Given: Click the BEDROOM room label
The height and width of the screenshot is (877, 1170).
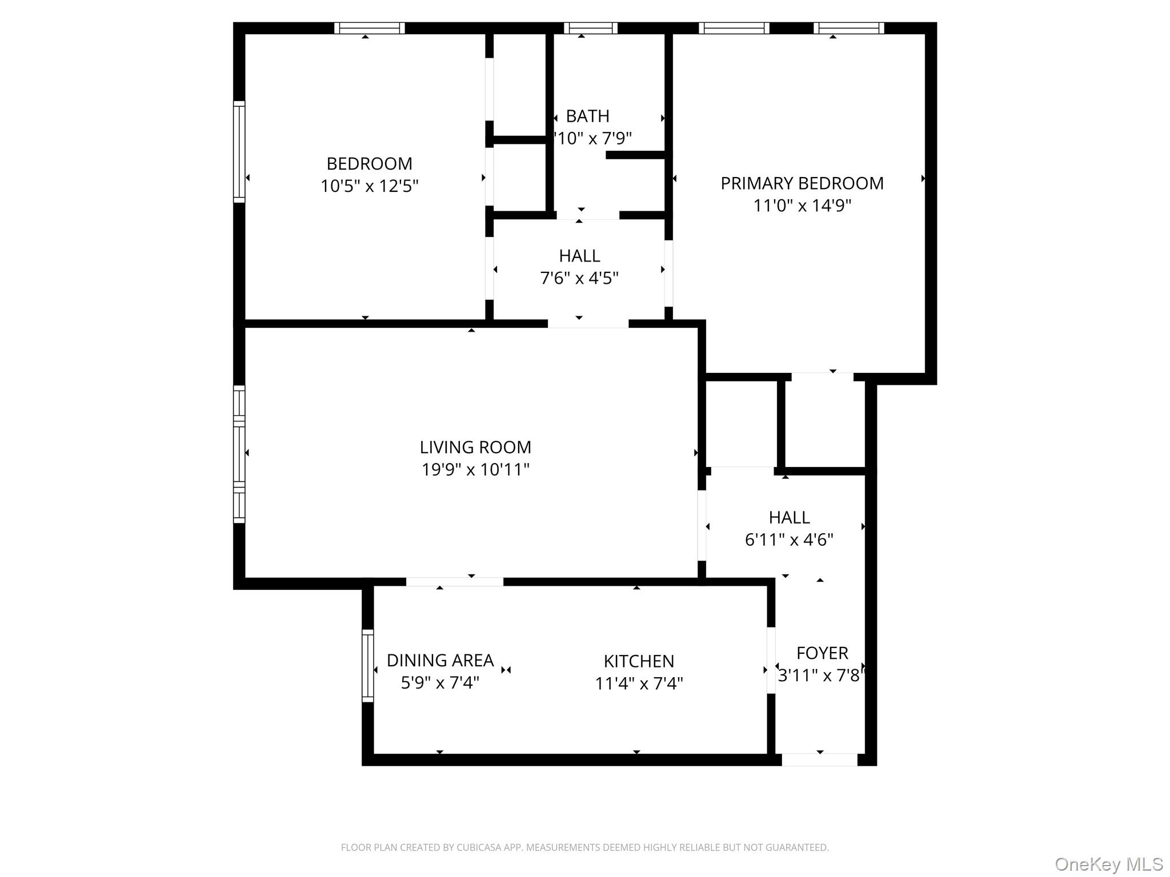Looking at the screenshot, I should pos(369,164).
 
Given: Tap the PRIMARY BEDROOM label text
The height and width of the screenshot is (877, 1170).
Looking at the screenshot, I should pos(802,183).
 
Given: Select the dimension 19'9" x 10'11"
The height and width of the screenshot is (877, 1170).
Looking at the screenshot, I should pos(475,469).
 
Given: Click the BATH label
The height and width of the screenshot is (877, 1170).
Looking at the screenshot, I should pos(587,116).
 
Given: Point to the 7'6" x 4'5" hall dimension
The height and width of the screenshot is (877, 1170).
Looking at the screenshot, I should pos(579,278).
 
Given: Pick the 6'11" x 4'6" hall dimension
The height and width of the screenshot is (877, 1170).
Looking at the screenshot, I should pos(789,540).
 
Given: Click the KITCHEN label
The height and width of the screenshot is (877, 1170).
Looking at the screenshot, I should pos(639,661).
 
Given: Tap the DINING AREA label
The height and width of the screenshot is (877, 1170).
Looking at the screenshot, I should pos(440,661).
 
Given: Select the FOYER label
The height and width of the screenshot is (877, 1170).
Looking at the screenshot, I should pos(822,653).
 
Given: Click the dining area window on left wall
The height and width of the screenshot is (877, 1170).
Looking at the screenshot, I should pos(368,666).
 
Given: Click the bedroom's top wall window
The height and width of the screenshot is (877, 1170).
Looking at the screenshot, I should pos(370,28).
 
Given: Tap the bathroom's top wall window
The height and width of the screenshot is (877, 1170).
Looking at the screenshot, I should pos(591,28).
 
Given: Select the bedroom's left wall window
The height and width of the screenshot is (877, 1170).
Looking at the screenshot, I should pos(239,152).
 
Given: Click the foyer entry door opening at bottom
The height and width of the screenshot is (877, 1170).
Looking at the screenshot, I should pos(819,759).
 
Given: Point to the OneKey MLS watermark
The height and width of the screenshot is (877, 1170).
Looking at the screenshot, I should pos(1108,864).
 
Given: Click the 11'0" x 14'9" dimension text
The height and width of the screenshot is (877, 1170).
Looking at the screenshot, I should pos(802,206).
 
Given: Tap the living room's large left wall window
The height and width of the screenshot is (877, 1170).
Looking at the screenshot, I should pos(239,454).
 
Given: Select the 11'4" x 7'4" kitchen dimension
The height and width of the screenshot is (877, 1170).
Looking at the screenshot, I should pos(639,683).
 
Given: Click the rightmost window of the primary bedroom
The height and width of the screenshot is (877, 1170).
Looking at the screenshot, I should pos(848,28).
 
